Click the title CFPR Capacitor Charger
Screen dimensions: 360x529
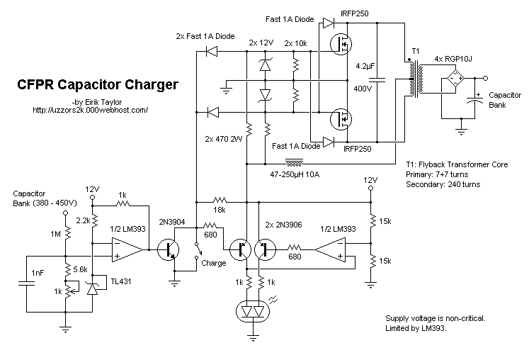[97, 86]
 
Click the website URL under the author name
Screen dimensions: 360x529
[89, 110]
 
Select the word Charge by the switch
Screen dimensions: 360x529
[213, 263]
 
